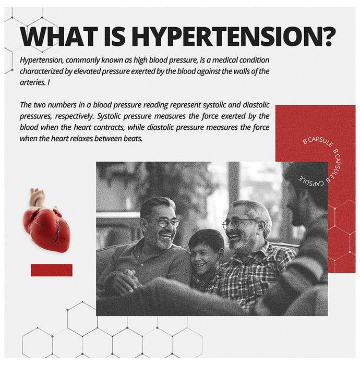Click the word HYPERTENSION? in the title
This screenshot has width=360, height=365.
point(235,36)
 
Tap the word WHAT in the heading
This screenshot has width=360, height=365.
point(58,36)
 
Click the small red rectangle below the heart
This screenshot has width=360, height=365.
point(52,270)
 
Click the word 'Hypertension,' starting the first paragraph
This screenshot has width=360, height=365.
point(41,60)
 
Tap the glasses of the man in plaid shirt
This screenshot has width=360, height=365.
point(237,224)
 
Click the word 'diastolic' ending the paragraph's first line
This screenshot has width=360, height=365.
point(256,105)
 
